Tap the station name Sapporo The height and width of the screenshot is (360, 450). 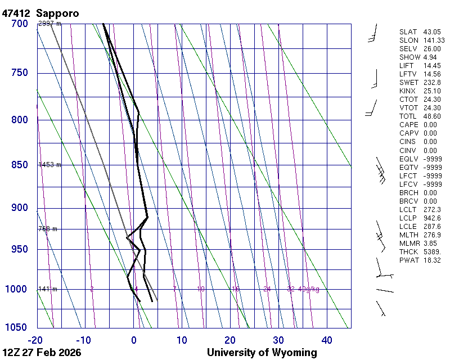coord(57,13)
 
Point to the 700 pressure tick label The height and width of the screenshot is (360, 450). coord(19,24)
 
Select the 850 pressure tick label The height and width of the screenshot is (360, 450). coord(19,165)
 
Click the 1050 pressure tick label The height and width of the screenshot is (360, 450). coord(17,327)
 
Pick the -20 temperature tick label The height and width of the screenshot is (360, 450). coord(36,340)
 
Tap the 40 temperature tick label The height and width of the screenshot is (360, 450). coord(327,340)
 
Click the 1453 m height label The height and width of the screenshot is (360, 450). coord(49,165)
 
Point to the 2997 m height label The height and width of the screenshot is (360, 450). coord(49,24)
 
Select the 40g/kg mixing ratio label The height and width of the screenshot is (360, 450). coord(309,289)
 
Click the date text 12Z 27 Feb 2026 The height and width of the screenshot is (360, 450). coord(42,353)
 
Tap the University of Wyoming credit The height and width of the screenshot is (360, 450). coord(262,353)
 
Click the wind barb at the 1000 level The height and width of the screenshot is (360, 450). coord(384,291)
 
